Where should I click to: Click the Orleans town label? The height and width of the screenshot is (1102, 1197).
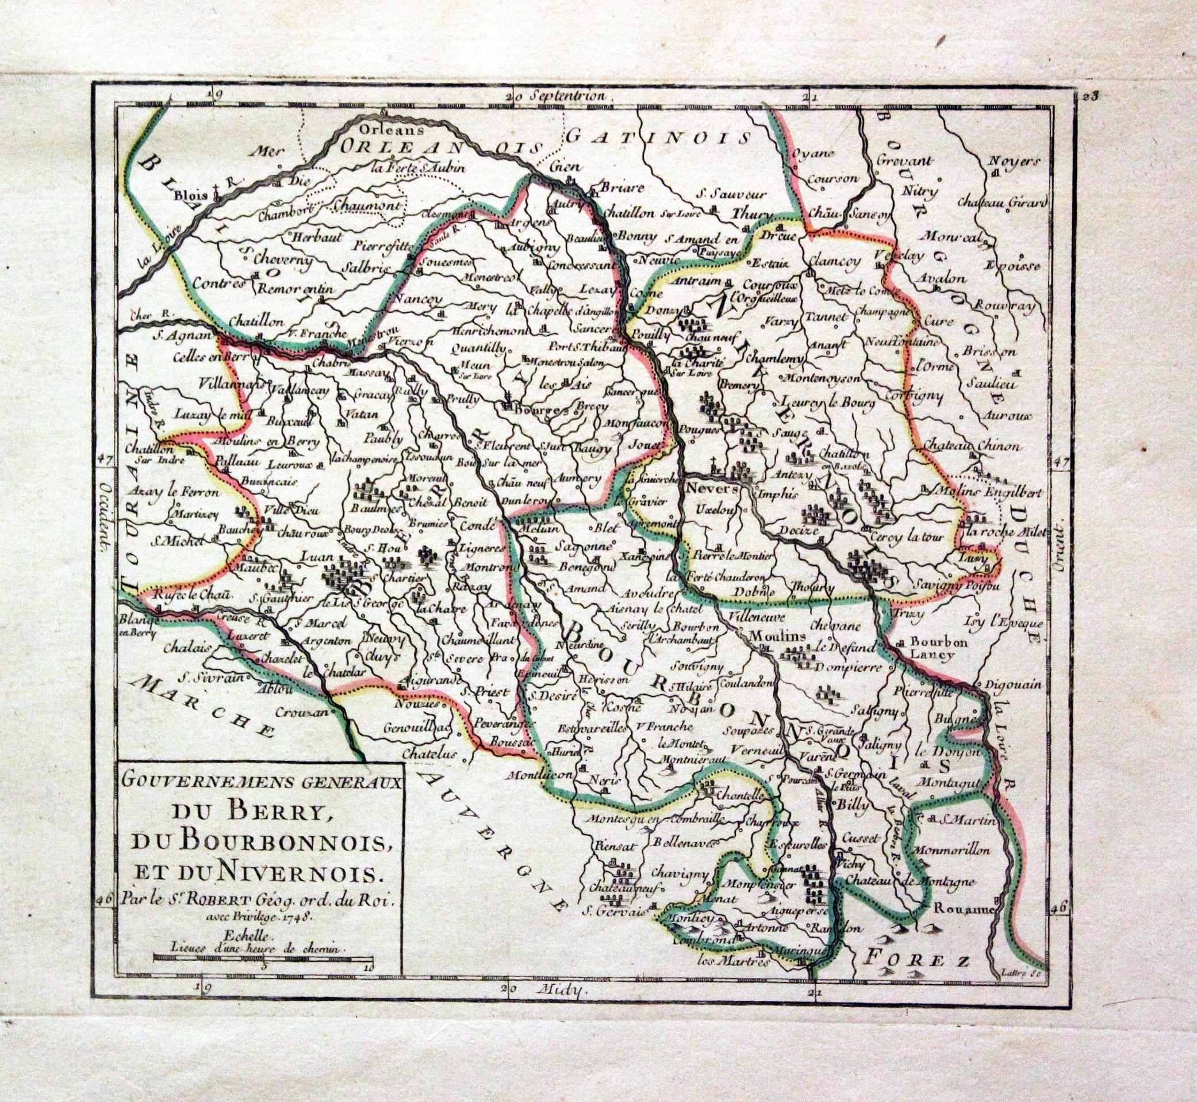click(385, 128)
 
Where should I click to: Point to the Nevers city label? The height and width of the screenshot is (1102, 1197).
click(712, 488)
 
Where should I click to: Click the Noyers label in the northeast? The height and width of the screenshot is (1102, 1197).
click(1014, 161)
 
